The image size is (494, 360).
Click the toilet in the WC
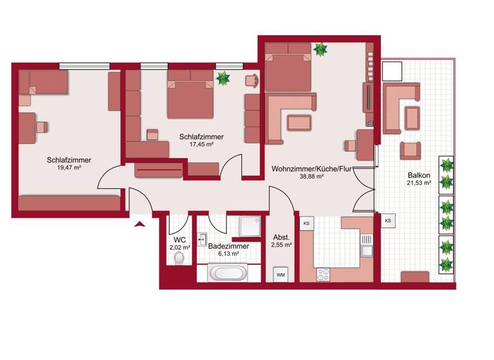click(x=179, y=258)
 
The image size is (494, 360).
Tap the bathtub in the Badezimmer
click(x=227, y=273)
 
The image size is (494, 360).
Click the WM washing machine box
click(x=280, y=274)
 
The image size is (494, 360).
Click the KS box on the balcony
click(x=388, y=221)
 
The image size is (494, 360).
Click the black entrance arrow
click(x=138, y=224)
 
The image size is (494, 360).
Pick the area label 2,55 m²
click(x=282, y=245)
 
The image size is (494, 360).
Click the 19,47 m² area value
click(x=68, y=168)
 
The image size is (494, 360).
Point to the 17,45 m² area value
click(x=201, y=145)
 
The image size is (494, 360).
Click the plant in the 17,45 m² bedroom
click(x=223, y=78)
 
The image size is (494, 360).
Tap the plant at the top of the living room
click(x=319, y=49)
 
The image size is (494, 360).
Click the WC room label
click(x=179, y=239)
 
